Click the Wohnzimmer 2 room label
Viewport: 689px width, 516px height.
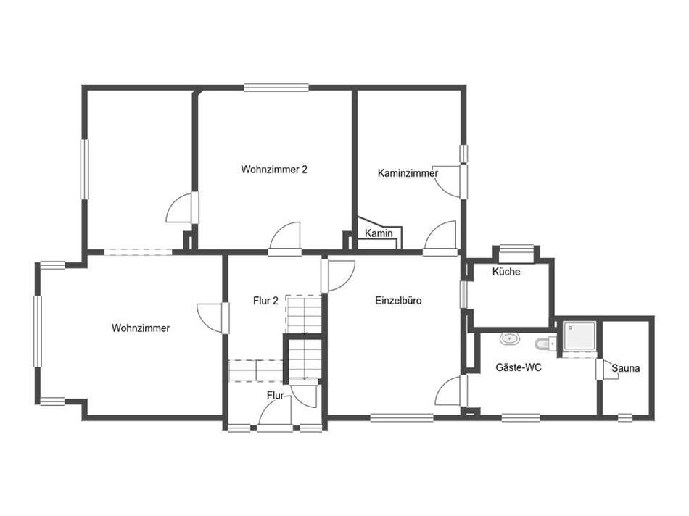(273, 170)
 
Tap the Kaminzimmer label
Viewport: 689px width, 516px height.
(408, 173)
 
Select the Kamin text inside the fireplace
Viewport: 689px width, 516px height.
(379, 233)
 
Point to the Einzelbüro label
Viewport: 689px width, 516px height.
(398, 300)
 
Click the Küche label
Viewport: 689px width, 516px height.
(506, 271)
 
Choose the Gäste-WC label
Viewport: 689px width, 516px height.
(519, 367)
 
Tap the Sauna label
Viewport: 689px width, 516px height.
(626, 368)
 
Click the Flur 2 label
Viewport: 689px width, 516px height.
(265, 301)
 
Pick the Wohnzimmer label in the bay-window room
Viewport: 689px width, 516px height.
(141, 328)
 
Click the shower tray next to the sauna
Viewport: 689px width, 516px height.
(579, 336)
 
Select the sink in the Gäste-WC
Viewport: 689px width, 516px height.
(510, 338)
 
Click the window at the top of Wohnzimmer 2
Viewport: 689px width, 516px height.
(276, 88)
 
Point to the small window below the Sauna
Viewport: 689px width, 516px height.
(625, 417)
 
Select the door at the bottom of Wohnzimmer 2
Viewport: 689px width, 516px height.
(285, 238)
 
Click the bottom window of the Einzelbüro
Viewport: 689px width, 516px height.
(402, 417)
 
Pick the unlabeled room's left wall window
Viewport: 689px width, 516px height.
(84, 170)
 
